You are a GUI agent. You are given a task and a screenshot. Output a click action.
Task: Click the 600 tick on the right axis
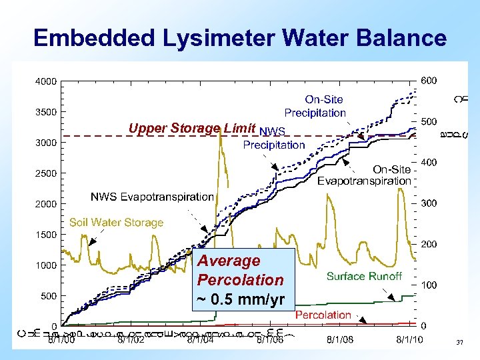[x=429, y=81]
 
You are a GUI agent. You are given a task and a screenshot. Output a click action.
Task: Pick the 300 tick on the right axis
[x=429, y=203]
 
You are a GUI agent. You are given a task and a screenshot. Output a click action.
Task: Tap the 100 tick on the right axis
[x=429, y=285]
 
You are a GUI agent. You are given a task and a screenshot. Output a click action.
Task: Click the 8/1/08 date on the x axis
[x=340, y=339]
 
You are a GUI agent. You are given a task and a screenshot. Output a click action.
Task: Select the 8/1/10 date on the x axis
[x=409, y=339]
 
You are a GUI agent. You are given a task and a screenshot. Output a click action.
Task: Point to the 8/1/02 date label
[x=131, y=339]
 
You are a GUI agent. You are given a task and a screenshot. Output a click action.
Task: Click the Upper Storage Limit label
[x=193, y=128]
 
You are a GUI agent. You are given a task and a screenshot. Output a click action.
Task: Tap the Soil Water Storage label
[x=116, y=223]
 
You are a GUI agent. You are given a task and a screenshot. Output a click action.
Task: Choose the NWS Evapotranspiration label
[x=152, y=197]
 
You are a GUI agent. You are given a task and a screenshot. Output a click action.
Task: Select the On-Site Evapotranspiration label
[x=364, y=175]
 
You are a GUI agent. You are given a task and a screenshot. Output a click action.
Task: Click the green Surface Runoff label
[x=364, y=276]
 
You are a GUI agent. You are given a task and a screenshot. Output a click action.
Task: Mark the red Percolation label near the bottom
[x=323, y=315]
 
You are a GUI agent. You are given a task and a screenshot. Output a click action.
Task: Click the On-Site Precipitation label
[x=315, y=107]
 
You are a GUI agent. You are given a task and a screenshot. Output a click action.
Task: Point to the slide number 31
[x=459, y=343]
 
